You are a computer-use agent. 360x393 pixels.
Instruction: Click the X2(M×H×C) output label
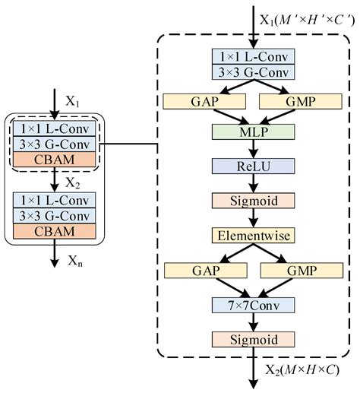[298, 371]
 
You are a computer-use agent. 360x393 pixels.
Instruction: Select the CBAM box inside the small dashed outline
[54, 159]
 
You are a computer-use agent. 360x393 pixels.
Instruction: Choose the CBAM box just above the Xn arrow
[54, 230]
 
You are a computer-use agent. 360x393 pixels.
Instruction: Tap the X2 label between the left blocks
[73, 182]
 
